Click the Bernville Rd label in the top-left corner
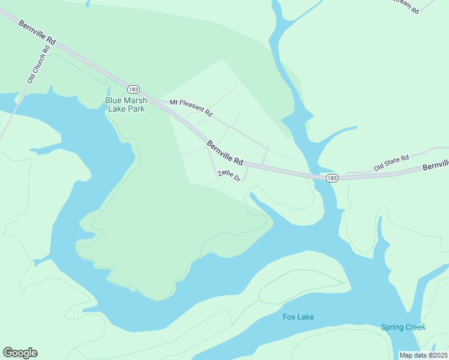pyautogui.click(x=37, y=32)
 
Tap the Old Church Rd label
pyautogui.click(x=35, y=71)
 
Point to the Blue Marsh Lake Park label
pyautogui.click(x=125, y=104)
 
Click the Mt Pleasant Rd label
pyautogui.click(x=191, y=107)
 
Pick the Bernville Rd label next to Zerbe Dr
pyautogui.click(x=225, y=153)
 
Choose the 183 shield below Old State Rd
pyautogui.click(x=332, y=178)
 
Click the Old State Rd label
pyautogui.click(x=391, y=163)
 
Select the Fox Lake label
pyautogui.click(x=298, y=317)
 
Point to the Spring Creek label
pyautogui.click(x=403, y=327)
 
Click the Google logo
pyautogui.click(x=20, y=353)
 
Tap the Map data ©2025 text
pyautogui.click(x=424, y=355)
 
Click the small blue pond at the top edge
pyautogui.click(x=88, y=3)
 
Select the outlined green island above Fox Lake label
pyautogui.click(x=300, y=287)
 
